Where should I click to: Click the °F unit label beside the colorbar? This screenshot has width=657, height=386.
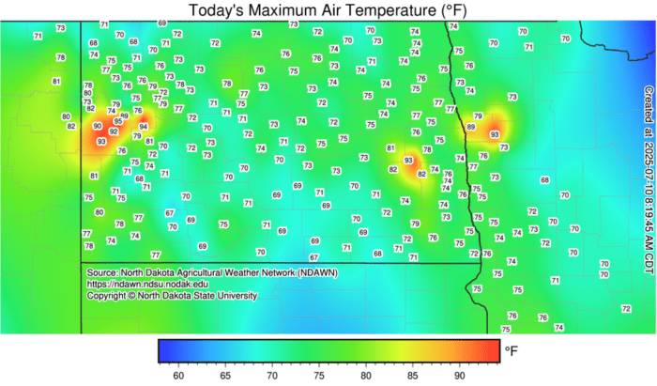(512, 350)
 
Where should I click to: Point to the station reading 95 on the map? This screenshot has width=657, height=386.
(118, 121)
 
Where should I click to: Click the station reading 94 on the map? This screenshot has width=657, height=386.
(143, 126)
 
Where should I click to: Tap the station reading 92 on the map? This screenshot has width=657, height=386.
(114, 131)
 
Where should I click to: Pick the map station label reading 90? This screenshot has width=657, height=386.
(98, 126)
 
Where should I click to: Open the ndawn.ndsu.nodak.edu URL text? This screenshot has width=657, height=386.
(147, 284)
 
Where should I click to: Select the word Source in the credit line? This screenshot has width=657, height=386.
(101, 272)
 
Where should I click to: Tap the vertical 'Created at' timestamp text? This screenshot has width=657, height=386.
(648, 169)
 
